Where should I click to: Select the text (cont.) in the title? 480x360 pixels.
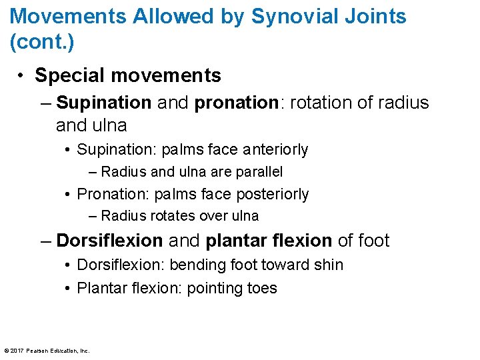click(42, 43)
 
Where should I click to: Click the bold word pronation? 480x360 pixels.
click(235, 103)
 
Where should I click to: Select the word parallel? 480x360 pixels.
click(258, 171)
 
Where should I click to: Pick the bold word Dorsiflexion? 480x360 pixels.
click(109, 240)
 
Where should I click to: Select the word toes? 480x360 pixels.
click(261, 288)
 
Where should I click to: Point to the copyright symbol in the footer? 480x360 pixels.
click(7, 351)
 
